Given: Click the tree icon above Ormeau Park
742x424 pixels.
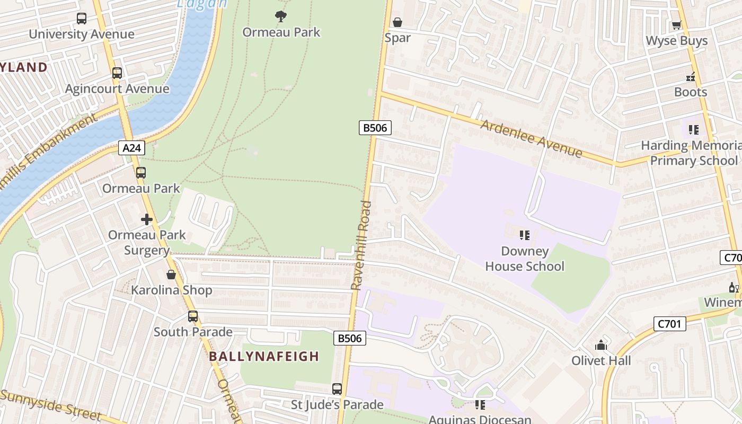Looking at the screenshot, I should [x=281, y=16].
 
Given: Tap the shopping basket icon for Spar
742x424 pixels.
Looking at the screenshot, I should [x=397, y=22].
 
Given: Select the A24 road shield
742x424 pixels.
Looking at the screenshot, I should [x=131, y=148].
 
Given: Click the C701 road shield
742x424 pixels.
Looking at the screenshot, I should [x=669, y=323].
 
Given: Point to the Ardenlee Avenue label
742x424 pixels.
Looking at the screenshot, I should [x=531, y=139].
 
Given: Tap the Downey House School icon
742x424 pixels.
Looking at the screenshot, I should [x=525, y=235].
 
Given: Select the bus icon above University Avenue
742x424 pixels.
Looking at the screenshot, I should [x=82, y=19].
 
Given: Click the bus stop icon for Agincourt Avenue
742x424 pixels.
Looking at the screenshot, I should [x=117, y=73].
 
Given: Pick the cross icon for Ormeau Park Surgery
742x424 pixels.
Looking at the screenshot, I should [x=147, y=219].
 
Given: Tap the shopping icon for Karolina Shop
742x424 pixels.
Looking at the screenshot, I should [x=171, y=275].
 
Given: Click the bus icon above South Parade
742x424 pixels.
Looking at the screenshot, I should [x=193, y=316].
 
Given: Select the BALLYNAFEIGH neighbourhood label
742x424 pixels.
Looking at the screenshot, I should [x=264, y=357].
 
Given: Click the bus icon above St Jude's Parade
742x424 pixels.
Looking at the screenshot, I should [x=337, y=389].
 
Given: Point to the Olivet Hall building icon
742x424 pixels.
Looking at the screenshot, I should [x=600, y=345].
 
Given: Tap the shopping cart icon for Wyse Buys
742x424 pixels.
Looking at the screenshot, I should [x=677, y=25].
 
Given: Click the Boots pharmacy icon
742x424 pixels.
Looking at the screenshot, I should [x=691, y=76].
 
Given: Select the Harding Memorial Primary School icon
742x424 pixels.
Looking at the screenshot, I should [x=694, y=129].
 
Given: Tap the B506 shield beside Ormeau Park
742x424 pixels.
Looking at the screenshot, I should [x=375, y=127].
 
